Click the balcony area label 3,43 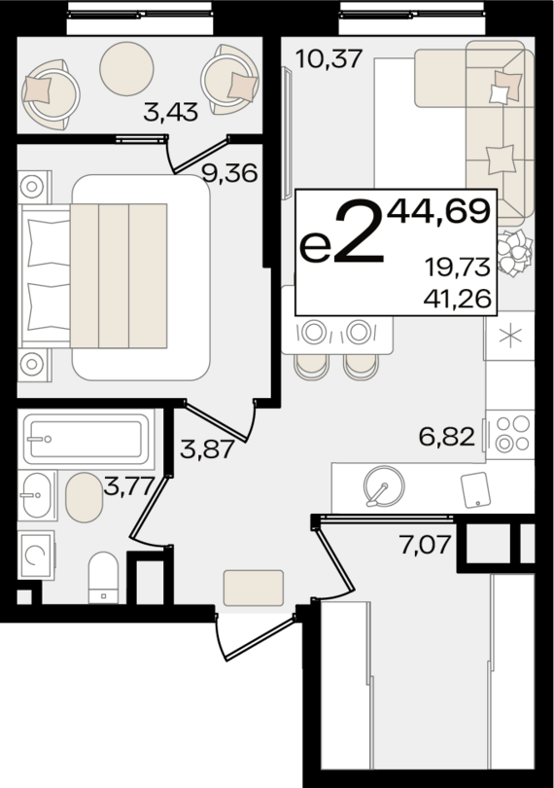tap(170, 113)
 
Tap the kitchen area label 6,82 tap(448, 438)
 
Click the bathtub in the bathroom tap(86, 439)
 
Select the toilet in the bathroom tap(102, 578)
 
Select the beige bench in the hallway tap(253, 589)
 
